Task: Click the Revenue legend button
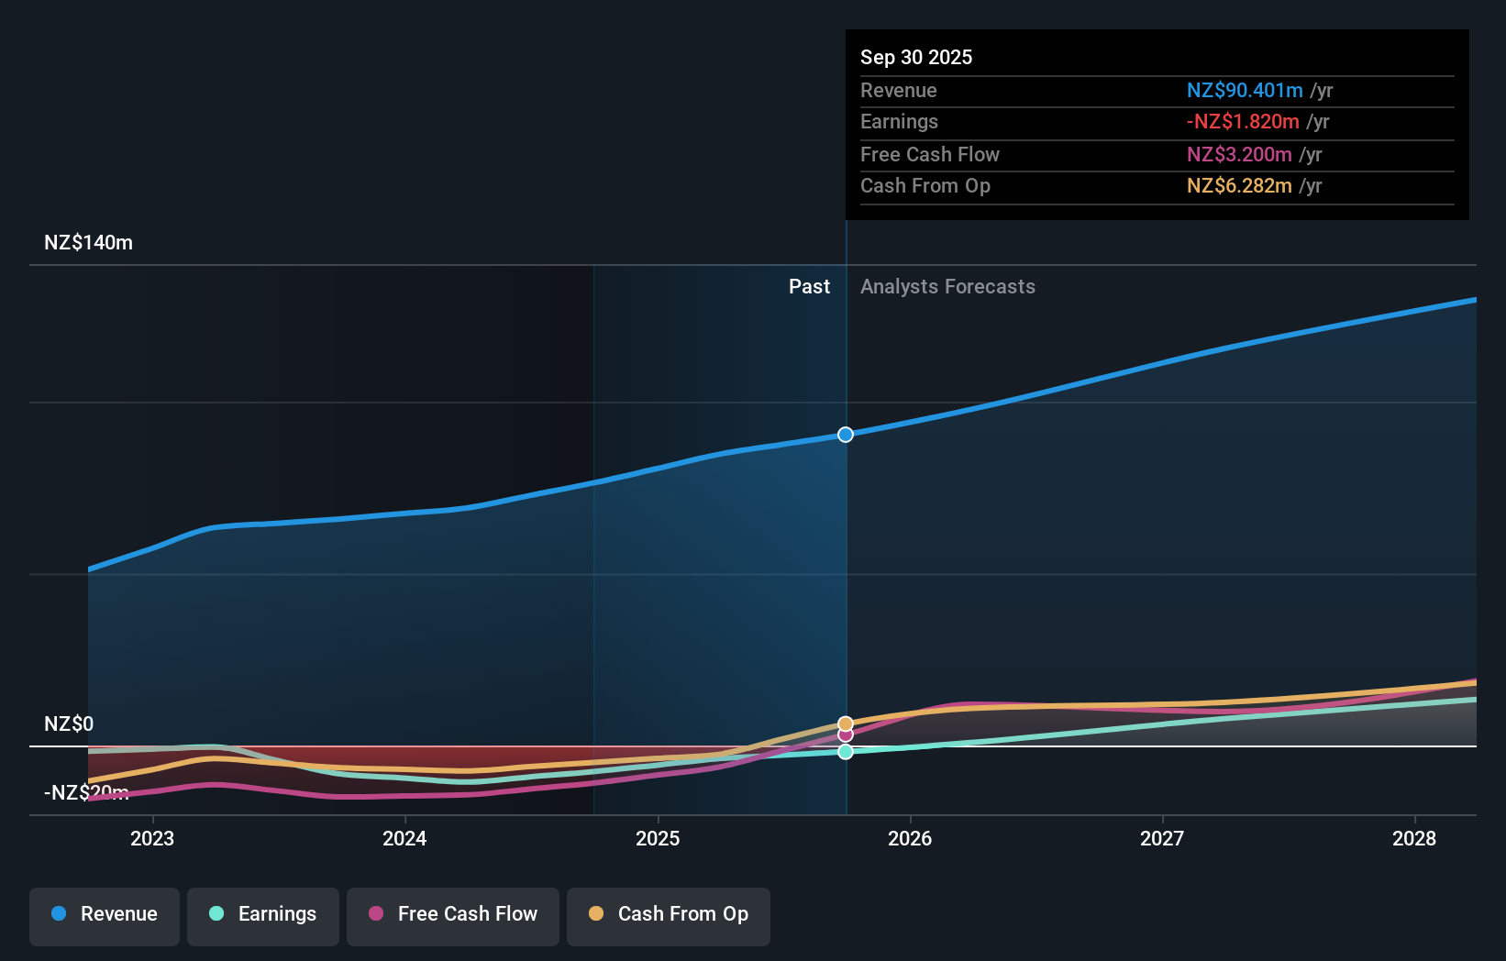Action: (105, 915)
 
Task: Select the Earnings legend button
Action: (263, 915)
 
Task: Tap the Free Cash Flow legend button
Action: (453, 915)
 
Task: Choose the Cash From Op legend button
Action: (669, 915)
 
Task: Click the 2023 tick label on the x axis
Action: (152, 838)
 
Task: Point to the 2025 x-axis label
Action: (658, 838)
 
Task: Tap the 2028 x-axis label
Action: (1414, 838)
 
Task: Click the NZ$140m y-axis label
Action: (88, 243)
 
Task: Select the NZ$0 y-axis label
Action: (69, 724)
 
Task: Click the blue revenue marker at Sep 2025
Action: (846, 435)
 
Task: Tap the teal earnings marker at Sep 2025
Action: (846, 752)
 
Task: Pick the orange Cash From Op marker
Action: (846, 724)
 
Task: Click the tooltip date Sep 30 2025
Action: (916, 58)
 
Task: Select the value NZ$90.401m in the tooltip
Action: (1245, 91)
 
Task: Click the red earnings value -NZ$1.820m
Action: (1243, 122)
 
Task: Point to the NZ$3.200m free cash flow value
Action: (1239, 155)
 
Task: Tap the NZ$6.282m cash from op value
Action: (1239, 186)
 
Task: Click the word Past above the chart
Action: (809, 287)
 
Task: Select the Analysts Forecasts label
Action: (947, 287)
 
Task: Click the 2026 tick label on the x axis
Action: (910, 838)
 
